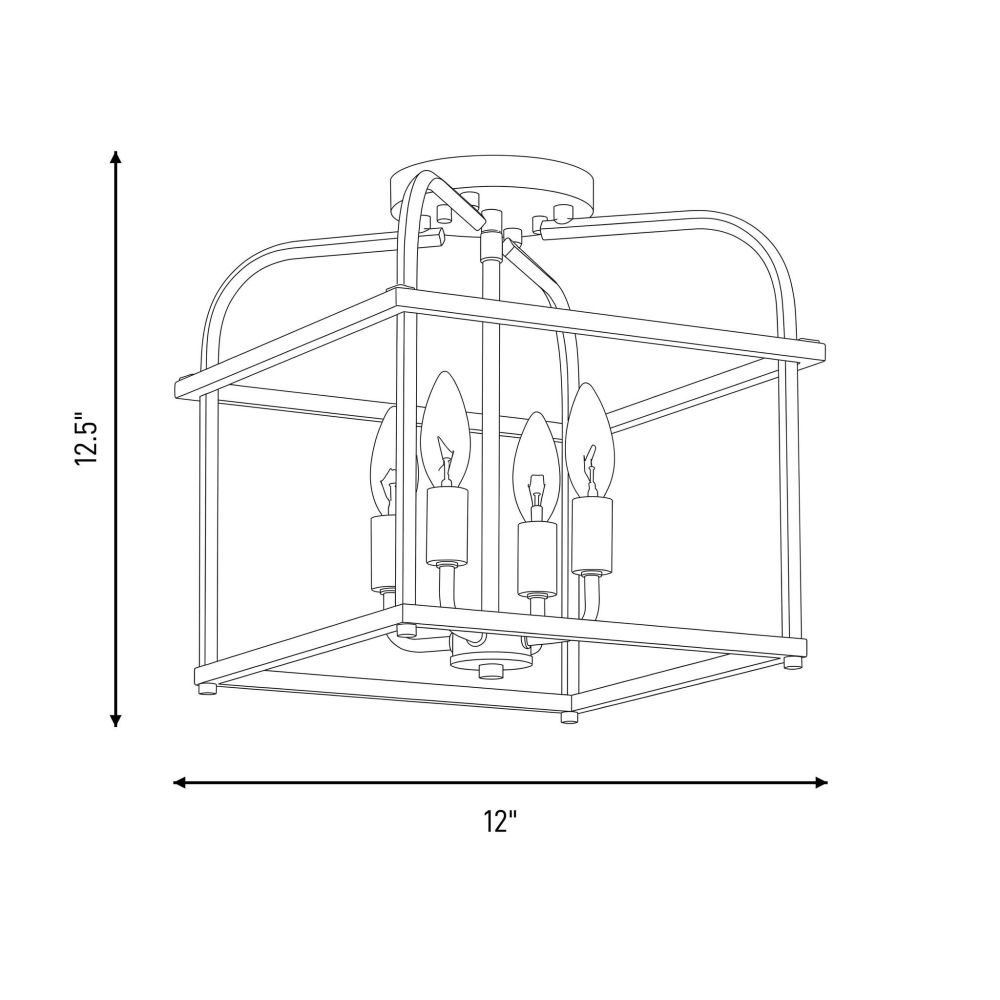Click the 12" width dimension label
point(499,821)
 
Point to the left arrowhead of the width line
point(180,783)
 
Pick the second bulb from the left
point(446,430)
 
